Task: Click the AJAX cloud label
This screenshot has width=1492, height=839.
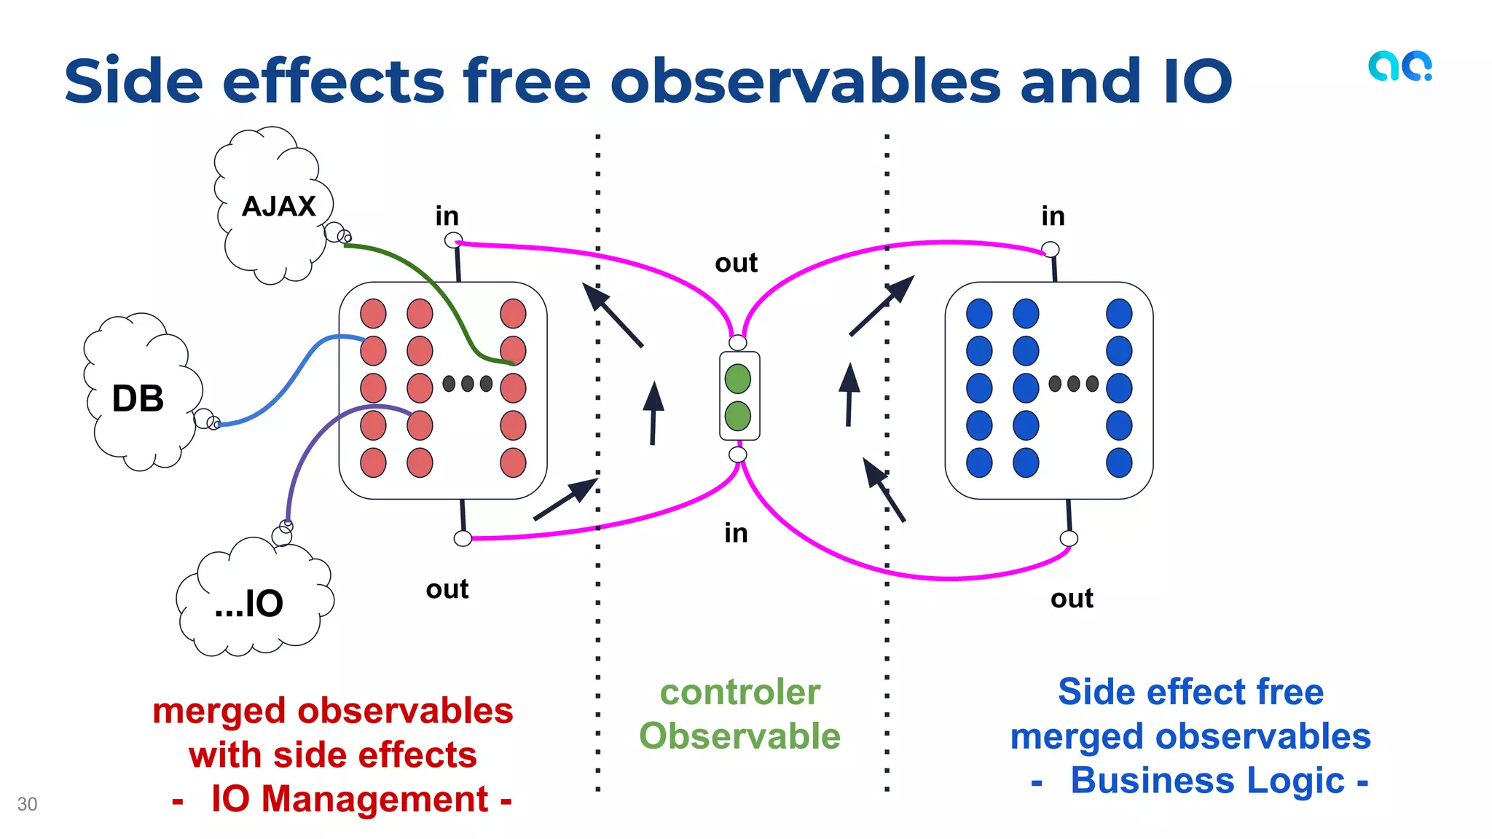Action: tap(278, 206)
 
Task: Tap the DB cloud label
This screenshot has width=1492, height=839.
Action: tap(138, 398)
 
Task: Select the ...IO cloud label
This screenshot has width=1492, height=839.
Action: tap(249, 603)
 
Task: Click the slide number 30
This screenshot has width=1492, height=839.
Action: tap(27, 804)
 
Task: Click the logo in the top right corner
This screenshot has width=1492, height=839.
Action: tap(1399, 66)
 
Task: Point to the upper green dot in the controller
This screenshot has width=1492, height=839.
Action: tap(738, 379)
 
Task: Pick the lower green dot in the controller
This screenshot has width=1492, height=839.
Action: tap(738, 416)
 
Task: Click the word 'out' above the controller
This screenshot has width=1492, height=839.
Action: tap(736, 263)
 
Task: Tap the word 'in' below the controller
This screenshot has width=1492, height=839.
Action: tap(736, 533)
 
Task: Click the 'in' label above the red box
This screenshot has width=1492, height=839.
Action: tap(447, 216)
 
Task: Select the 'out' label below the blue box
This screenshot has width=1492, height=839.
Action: tap(1072, 599)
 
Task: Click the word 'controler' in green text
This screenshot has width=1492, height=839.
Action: tap(740, 692)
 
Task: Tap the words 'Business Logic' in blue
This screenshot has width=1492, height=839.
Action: tap(1207, 781)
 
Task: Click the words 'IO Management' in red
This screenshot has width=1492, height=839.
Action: tap(350, 799)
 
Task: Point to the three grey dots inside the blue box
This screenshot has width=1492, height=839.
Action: tap(1073, 384)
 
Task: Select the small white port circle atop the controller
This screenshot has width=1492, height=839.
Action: tap(738, 342)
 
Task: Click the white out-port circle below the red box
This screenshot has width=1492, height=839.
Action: tap(463, 538)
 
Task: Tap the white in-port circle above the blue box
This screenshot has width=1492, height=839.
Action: tap(1051, 250)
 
